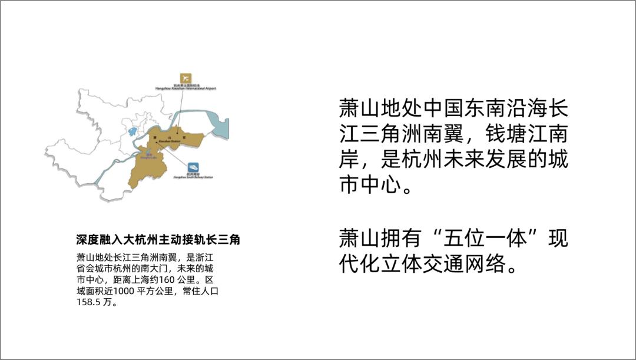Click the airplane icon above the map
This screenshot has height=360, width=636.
186,78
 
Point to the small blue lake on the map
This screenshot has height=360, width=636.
132,131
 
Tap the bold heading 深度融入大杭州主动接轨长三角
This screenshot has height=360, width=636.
158,240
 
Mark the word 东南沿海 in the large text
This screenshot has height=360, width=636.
506,110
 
